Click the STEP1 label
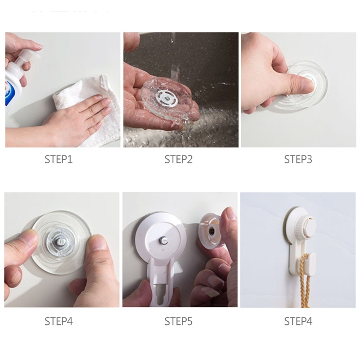coord(58,159)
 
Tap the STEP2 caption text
coord(178,159)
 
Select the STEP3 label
coord(298,159)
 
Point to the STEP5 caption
coord(178,321)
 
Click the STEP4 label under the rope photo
coord(298,321)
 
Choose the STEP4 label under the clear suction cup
coord(58,321)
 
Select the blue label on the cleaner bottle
coord(11,97)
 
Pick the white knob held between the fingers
coord(211,229)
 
